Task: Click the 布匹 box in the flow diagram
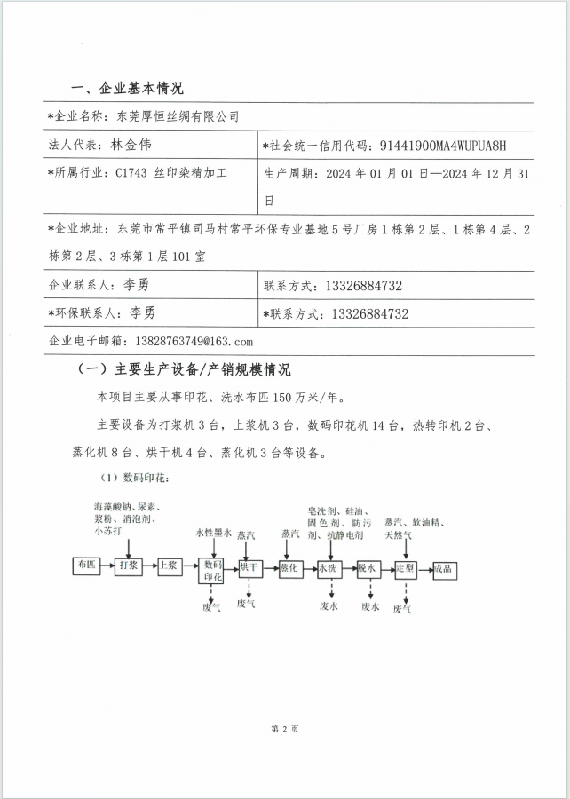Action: pyautogui.click(x=86, y=565)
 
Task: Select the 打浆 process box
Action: pyautogui.click(x=128, y=566)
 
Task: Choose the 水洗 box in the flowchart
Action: pyautogui.click(x=329, y=566)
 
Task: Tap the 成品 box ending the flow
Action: pyautogui.click(x=444, y=566)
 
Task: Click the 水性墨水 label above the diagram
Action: pyautogui.click(x=214, y=534)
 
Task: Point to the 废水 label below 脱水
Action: pyautogui.click(x=370, y=608)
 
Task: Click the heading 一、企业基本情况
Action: pyautogui.click(x=127, y=89)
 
